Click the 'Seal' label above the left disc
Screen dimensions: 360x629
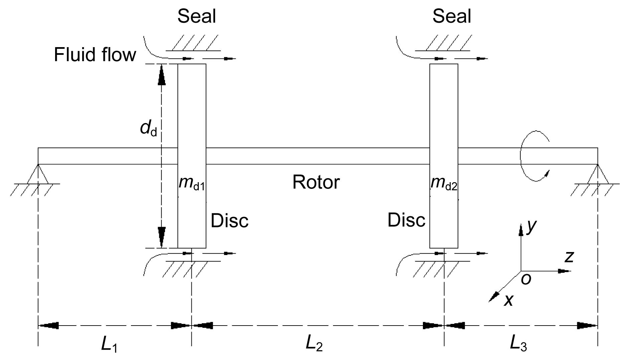tap(196, 16)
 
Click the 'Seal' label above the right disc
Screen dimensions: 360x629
tap(452, 16)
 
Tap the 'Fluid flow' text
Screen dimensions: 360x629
tap(95, 54)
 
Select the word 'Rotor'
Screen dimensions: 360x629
tap(316, 182)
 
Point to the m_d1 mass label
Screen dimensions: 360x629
tap(191, 183)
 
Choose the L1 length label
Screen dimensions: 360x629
tap(109, 344)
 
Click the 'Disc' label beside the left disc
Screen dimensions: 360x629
tap(229, 221)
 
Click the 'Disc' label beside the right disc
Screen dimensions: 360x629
tap(406, 220)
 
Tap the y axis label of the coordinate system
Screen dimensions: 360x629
tap(531, 226)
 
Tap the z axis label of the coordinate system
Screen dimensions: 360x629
tap(569, 257)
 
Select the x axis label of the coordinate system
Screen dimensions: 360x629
tap(508, 300)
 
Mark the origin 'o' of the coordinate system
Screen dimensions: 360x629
tap(526, 279)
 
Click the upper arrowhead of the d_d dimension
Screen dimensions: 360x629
tap(162, 75)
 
